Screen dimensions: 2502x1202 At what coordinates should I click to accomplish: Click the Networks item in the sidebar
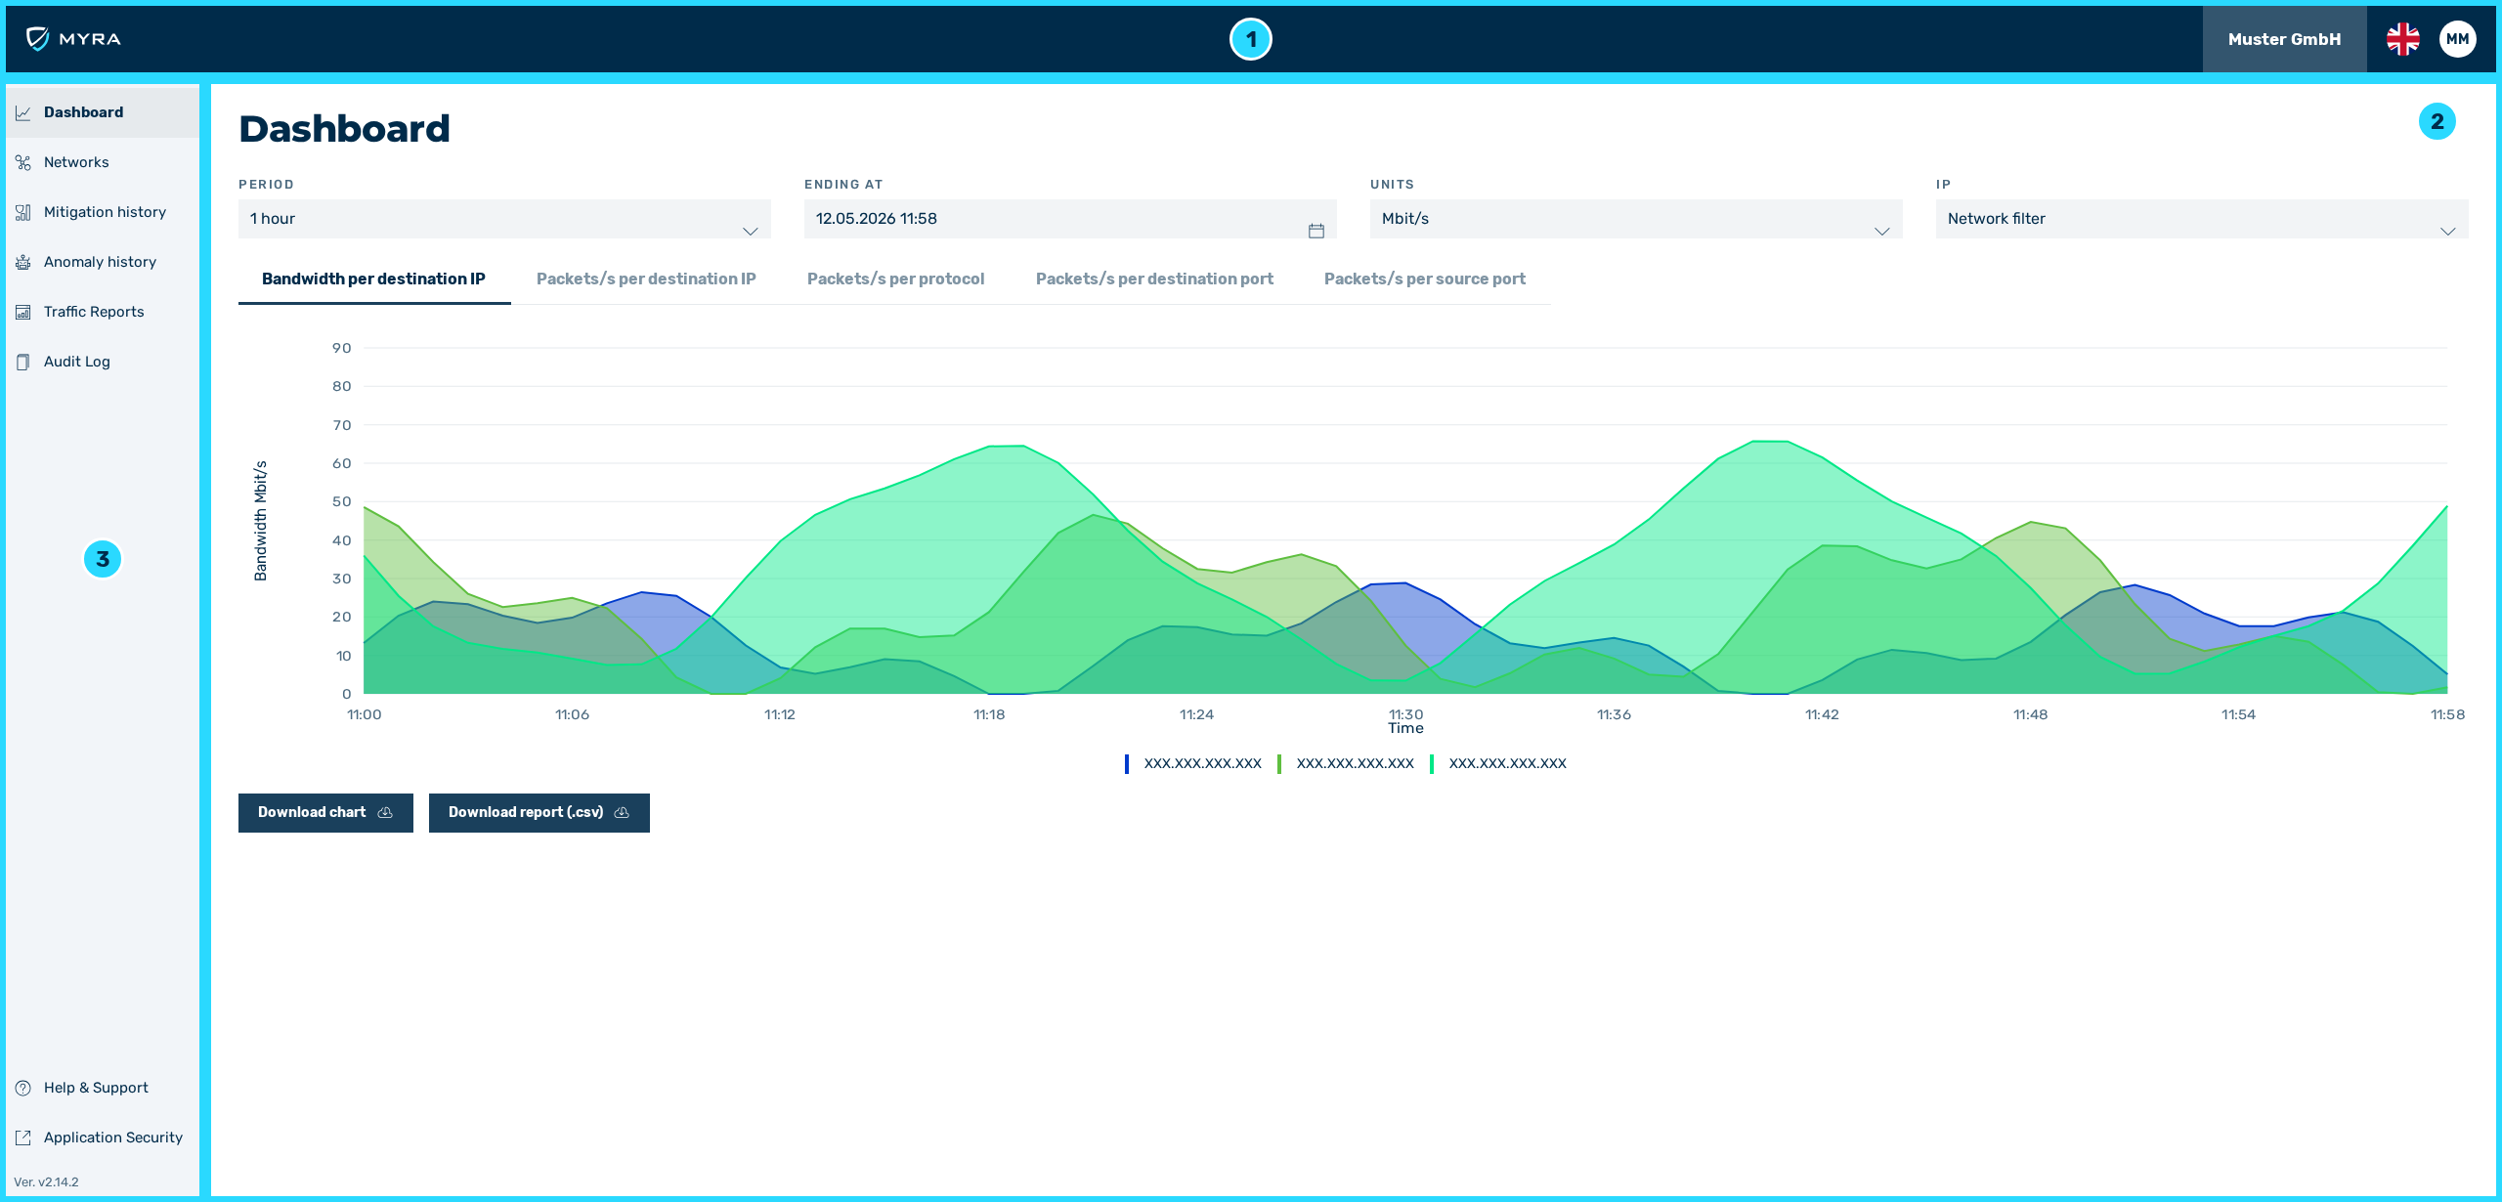(x=76, y=162)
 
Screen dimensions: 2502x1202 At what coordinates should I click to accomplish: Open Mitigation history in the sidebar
(x=105, y=212)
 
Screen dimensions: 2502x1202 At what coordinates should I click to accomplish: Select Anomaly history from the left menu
(x=100, y=262)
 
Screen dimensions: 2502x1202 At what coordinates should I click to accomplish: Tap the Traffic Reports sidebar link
(x=94, y=312)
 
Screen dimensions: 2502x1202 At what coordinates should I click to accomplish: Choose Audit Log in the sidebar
(x=76, y=362)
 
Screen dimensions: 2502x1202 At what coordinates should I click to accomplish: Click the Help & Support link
(x=96, y=1088)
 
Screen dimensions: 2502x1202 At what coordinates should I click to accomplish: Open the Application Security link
(x=112, y=1138)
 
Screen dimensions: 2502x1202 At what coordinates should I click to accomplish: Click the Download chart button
(x=325, y=813)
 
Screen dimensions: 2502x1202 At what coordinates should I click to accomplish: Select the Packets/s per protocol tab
(x=895, y=279)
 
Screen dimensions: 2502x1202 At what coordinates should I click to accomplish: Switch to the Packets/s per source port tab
(x=1424, y=279)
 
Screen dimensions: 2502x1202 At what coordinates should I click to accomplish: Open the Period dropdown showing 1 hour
(x=504, y=219)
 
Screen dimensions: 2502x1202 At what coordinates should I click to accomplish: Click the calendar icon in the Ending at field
(x=1316, y=231)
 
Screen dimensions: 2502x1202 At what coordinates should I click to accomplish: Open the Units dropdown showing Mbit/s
(x=1636, y=219)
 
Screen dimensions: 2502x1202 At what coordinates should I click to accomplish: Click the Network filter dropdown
(x=2202, y=219)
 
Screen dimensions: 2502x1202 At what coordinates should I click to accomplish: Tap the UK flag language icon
(x=2403, y=39)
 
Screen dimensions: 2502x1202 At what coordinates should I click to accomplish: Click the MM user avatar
(x=2458, y=39)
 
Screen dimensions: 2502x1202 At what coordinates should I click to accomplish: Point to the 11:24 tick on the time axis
(x=1196, y=714)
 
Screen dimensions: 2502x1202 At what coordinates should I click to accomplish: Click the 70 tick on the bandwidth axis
(x=341, y=425)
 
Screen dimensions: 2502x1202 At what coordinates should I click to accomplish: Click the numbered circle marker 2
(x=2437, y=121)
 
